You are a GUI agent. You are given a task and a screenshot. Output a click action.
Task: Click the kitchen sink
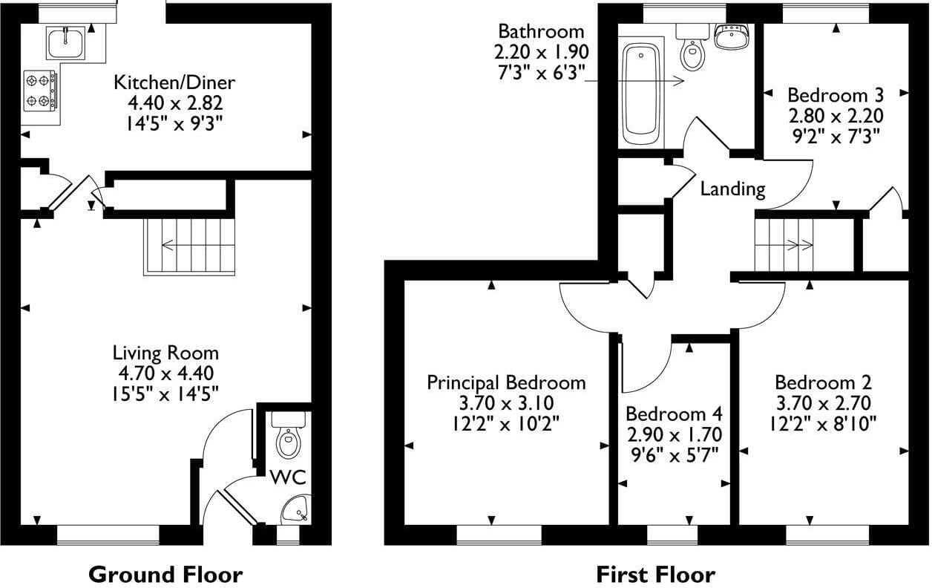(x=66, y=43)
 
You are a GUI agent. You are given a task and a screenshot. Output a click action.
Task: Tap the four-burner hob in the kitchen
(x=40, y=91)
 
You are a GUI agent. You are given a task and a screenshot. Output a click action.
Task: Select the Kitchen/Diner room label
(x=174, y=82)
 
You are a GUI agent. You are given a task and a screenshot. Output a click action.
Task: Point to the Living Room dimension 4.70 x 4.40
(x=166, y=373)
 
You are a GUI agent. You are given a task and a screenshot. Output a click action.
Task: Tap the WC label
(x=289, y=477)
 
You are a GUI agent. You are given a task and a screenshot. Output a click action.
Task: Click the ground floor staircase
(x=189, y=246)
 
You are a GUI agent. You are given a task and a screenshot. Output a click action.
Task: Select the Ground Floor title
(x=165, y=575)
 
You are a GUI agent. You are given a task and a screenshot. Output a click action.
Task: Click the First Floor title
(x=656, y=575)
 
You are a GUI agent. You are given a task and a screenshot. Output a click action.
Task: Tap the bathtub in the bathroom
(x=641, y=94)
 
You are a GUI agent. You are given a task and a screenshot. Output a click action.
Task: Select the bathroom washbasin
(x=732, y=35)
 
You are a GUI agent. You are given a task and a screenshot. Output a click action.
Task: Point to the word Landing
(x=732, y=189)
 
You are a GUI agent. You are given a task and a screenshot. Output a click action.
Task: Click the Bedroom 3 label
(x=836, y=95)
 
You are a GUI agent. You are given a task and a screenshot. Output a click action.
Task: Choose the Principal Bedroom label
(x=506, y=382)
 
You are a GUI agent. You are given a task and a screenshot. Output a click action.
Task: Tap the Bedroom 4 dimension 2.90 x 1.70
(x=675, y=435)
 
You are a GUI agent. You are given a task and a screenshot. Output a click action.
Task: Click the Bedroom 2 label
(x=823, y=382)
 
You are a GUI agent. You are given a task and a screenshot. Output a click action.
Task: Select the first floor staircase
(x=784, y=245)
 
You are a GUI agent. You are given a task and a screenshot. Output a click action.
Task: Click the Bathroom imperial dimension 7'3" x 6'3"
(x=541, y=73)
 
